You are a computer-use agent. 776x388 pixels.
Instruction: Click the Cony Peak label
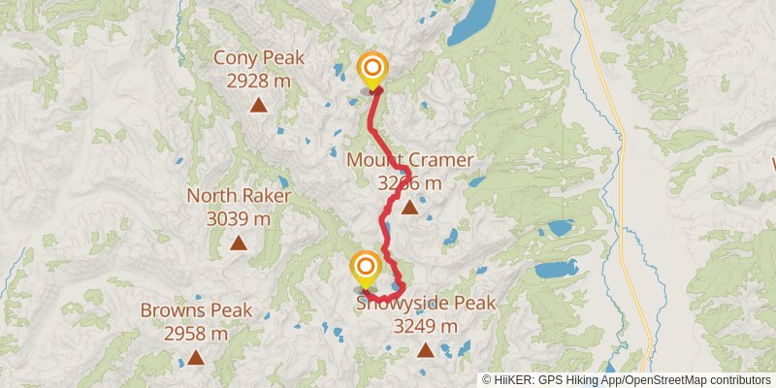click(259, 58)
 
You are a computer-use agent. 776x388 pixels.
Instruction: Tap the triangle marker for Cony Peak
click(259, 104)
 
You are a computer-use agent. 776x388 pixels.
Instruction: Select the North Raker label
click(239, 196)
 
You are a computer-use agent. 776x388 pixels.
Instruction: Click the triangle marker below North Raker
click(239, 242)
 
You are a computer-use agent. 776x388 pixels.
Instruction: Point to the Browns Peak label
click(196, 311)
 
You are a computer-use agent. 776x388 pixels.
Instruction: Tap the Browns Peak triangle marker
click(196, 357)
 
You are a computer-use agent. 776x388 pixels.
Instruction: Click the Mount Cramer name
click(410, 160)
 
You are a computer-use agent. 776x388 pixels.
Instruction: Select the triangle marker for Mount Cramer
click(410, 207)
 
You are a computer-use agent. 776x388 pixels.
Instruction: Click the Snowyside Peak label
click(427, 304)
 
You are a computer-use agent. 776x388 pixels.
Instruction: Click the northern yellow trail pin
click(372, 69)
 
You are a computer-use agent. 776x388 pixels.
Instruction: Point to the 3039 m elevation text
click(239, 218)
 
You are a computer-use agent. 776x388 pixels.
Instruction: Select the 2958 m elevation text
click(196, 334)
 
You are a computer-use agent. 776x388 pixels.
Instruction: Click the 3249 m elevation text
click(425, 326)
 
